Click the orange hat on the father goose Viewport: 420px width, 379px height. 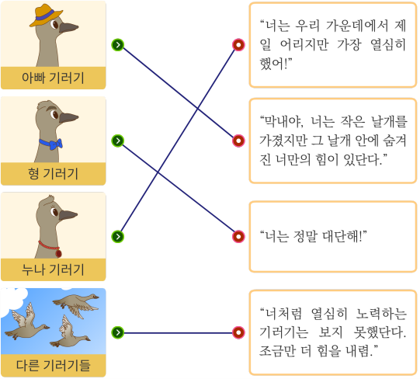tap(45, 16)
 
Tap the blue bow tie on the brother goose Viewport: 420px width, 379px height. tap(51, 144)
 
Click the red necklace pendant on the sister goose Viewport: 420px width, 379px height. tap(58, 253)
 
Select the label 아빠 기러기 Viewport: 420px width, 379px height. tap(53, 78)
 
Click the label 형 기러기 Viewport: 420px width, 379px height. tap(53, 174)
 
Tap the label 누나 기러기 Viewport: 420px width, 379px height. tap(53, 269)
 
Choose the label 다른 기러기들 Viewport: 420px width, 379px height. tap(53, 365)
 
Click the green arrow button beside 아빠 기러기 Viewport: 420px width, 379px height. tap(117, 45)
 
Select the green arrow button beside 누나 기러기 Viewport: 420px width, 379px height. tap(117, 236)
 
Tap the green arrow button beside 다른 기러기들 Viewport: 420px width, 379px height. tap(117, 332)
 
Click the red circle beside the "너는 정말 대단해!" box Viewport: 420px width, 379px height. tap(238, 236)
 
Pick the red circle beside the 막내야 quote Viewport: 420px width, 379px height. tap(238, 141)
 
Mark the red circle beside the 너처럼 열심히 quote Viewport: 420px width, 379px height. tap(238, 332)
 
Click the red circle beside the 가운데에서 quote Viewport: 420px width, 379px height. tap(238, 45)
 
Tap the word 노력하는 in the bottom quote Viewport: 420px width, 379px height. tap(381, 314)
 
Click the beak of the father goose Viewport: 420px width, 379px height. tap(68, 27)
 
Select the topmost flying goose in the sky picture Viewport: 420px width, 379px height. tap(76, 305)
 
